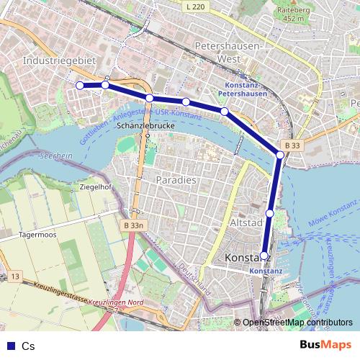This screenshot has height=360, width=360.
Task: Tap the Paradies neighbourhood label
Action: click(175, 180)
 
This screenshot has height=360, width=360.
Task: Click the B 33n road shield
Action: click(134, 226)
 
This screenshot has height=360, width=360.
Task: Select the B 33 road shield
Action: click(292, 145)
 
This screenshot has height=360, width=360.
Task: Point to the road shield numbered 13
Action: click(16, 276)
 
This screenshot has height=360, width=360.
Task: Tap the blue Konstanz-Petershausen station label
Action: click(241, 89)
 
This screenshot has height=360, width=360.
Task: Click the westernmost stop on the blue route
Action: click(79, 86)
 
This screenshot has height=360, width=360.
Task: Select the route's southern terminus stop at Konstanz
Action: click(264, 255)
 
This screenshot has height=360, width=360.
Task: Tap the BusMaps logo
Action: click(325, 346)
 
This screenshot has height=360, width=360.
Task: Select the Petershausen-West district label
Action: click(230, 51)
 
